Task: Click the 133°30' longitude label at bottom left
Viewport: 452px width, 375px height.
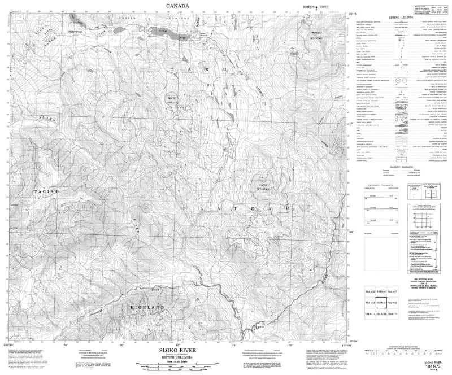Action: coord(8,342)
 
